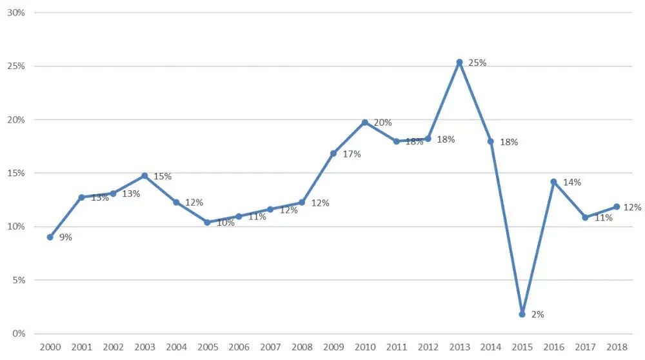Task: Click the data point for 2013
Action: pyautogui.click(x=459, y=63)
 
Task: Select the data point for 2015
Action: pyautogui.click(x=522, y=314)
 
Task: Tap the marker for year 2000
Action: pyautogui.click(x=50, y=237)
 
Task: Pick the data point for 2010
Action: pyautogui.click(x=365, y=122)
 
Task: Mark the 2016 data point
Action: pyautogui.click(x=553, y=182)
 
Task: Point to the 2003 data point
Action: pyautogui.click(x=144, y=175)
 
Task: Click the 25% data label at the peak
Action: pyautogui.click(x=477, y=63)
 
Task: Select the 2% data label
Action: pyautogui.click(x=538, y=315)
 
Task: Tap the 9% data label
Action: pyautogui.click(x=66, y=237)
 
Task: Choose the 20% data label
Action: pyautogui.click(x=382, y=123)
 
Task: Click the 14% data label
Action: pyautogui.click(x=571, y=183)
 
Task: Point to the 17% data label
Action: pyautogui.click(x=352, y=154)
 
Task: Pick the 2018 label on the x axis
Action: pyautogui.click(x=617, y=347)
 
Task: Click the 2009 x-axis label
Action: pyautogui.click(x=333, y=347)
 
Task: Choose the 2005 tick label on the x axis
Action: pyautogui.click(x=207, y=347)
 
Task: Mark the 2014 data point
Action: pyautogui.click(x=491, y=141)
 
